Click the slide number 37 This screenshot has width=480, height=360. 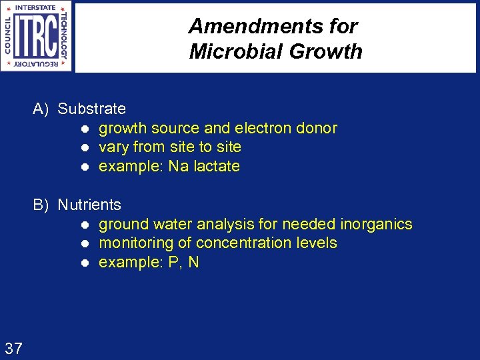[x=13, y=347]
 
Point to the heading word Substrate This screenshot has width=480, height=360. [x=91, y=109]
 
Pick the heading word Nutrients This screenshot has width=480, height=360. [x=89, y=205]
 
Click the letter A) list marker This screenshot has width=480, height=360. [x=41, y=109]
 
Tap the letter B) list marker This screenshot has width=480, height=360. [x=41, y=205]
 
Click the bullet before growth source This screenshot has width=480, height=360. [x=85, y=129]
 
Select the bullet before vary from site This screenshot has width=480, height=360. [x=85, y=147]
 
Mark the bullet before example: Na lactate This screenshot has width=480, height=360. [x=85, y=167]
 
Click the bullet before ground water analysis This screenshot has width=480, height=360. [x=85, y=225]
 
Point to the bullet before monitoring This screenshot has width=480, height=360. [x=85, y=243]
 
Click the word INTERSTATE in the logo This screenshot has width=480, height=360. [x=35, y=8]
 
